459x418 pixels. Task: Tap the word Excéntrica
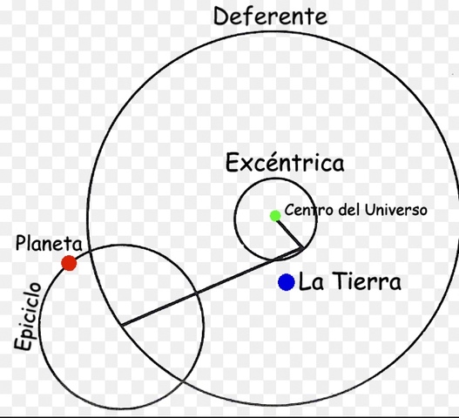click(285, 163)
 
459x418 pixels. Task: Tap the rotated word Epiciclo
click(27, 316)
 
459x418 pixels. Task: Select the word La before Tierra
click(311, 282)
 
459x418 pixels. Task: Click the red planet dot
click(70, 263)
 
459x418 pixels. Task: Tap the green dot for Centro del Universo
click(275, 215)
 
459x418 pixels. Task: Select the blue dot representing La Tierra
click(286, 282)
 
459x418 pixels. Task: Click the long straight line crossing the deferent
click(209, 288)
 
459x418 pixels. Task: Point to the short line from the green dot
click(289, 232)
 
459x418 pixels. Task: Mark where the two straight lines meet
click(303, 248)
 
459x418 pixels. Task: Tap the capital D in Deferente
click(222, 16)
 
